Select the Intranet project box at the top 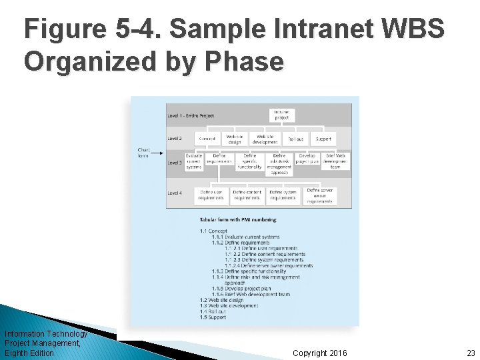tap(281, 115)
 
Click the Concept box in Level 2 tap(207, 139)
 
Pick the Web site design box tap(235, 139)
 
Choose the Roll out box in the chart tap(295, 139)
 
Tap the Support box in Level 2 tap(323, 139)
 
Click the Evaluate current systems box tap(193, 161)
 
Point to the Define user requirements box tap(211, 195)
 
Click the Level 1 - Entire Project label tap(191, 115)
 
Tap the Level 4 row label tap(175, 193)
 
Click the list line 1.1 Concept tap(213, 231)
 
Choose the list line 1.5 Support tap(213, 317)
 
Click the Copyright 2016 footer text tap(319, 353)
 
